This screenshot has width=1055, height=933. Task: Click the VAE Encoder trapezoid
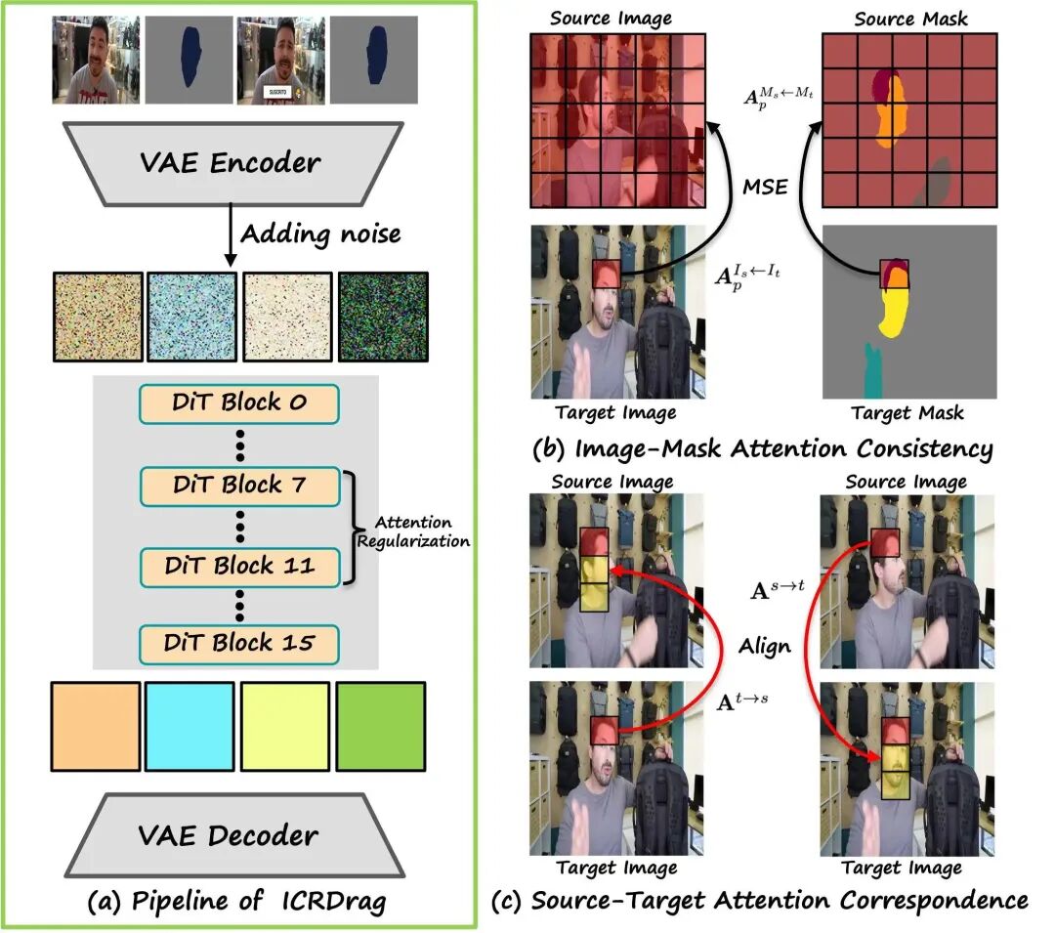point(233,163)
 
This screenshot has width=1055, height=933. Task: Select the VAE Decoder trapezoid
point(234,834)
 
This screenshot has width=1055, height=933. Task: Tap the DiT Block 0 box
point(239,403)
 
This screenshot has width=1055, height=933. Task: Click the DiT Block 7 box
point(239,486)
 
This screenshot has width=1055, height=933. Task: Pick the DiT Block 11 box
point(240,567)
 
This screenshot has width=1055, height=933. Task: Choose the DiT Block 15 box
point(239,644)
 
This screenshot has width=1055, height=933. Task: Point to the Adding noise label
point(321,234)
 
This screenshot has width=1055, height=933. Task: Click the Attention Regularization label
point(413,531)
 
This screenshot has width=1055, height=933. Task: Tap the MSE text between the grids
point(765,187)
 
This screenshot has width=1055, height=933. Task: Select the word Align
point(764,647)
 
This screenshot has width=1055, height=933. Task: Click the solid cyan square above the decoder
point(190,726)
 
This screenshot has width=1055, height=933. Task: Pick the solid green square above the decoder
point(381,726)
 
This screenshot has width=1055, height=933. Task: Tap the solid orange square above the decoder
point(96,726)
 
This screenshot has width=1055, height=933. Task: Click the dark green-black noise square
point(384,317)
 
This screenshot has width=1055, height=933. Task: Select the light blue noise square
point(191,317)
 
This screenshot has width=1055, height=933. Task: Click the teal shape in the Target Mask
point(872,370)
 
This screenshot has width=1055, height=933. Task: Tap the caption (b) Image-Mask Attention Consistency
point(762,449)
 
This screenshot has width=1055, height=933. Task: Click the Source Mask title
point(910,19)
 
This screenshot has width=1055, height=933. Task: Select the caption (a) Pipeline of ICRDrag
point(236,902)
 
